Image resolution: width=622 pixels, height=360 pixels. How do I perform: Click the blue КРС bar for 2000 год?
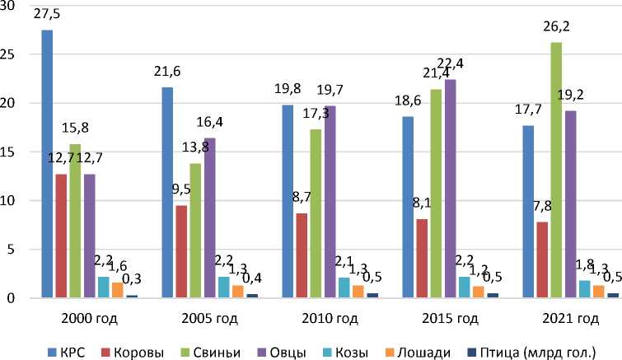[x=47, y=165]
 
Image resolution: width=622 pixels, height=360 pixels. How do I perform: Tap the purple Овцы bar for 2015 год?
[x=450, y=189]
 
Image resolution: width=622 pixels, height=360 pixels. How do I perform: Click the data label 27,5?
[x=47, y=16]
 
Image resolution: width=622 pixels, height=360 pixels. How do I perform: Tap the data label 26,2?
[x=556, y=27]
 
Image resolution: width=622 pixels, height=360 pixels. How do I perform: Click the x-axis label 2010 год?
[x=317, y=318]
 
